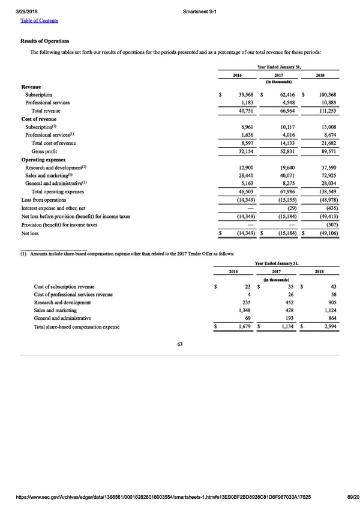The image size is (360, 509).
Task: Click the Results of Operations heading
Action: [x=45, y=41]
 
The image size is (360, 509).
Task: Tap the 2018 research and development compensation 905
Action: [x=332, y=303]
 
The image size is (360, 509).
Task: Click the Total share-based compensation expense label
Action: [x=77, y=327]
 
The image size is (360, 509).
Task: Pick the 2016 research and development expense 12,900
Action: [x=248, y=167]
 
